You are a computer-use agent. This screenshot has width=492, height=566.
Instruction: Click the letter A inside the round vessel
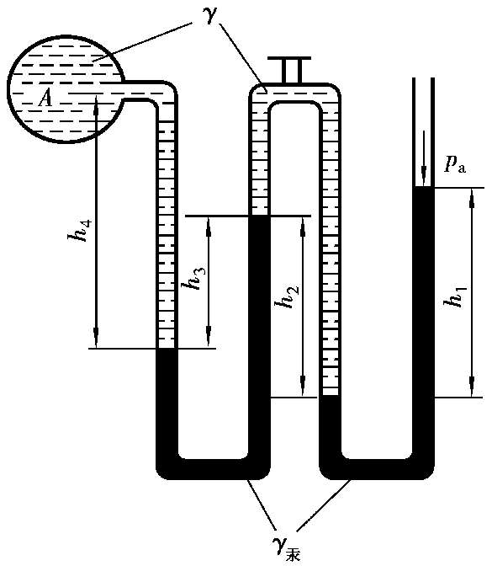click(x=45, y=99)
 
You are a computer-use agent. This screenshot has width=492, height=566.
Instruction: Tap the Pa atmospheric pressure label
click(x=455, y=165)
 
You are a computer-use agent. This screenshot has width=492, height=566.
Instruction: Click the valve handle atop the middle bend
click(x=289, y=71)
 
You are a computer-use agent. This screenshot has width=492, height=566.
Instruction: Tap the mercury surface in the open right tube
click(x=424, y=187)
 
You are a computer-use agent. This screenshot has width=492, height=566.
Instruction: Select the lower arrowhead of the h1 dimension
click(x=472, y=388)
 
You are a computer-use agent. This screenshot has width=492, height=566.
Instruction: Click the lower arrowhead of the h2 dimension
click(x=303, y=388)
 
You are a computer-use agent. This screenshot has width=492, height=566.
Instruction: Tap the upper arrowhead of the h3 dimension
click(x=209, y=226)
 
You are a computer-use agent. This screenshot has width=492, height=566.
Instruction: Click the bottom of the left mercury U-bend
click(x=213, y=469)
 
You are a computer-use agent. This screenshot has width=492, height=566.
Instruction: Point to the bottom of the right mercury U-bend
click(x=377, y=469)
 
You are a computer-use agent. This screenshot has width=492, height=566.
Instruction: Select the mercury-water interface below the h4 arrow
click(x=167, y=349)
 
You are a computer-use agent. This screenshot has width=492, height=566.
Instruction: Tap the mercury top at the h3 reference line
click(x=260, y=216)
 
